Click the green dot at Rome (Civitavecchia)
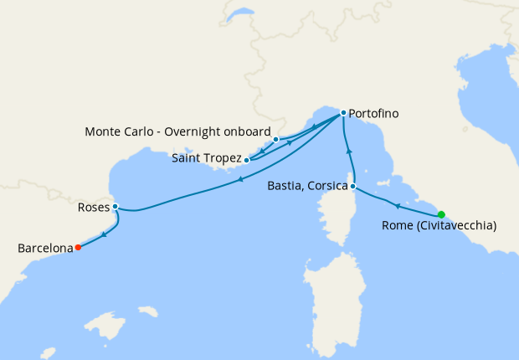click(x=441, y=213)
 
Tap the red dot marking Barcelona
click(x=78, y=247)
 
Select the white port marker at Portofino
click(x=343, y=113)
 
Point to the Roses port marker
click(x=115, y=207)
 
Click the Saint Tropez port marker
click(x=246, y=159)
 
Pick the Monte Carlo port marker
click(x=275, y=139)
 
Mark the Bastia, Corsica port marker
click(x=353, y=186)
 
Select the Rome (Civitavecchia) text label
click(x=439, y=225)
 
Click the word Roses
click(x=91, y=207)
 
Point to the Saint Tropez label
click(x=206, y=158)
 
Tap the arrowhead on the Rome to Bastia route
click(x=397, y=204)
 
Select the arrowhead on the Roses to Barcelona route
click(x=103, y=234)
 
